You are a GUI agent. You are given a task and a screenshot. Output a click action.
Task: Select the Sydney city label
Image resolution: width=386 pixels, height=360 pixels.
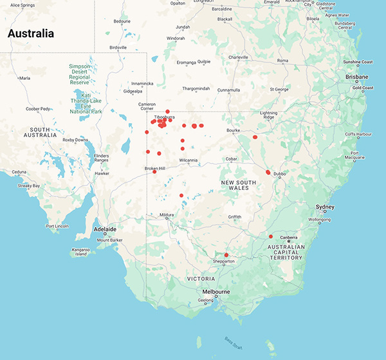325,207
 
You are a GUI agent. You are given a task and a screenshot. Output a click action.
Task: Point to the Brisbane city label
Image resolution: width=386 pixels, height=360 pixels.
356,76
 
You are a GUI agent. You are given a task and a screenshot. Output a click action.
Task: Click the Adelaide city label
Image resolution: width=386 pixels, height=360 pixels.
104,229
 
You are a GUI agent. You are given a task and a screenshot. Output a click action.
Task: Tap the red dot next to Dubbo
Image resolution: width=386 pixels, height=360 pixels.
268,172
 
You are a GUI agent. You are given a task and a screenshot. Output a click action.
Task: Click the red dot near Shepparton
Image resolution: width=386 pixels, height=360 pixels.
226,255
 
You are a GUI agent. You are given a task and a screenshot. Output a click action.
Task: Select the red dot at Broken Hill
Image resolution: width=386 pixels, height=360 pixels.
154,171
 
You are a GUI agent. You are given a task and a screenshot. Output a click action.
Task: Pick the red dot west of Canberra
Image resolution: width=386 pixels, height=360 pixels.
271,236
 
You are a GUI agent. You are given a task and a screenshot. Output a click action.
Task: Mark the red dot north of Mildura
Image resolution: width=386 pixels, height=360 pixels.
181,195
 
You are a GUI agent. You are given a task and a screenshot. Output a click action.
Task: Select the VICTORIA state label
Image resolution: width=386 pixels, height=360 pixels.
202,279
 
